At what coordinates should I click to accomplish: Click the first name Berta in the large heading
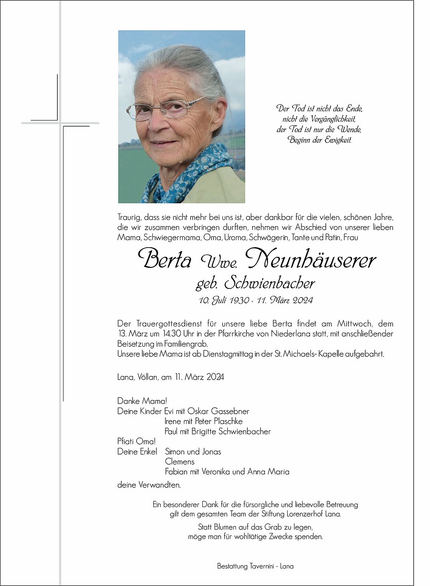pyautogui.click(x=165, y=259)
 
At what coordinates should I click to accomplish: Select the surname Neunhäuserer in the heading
pyautogui.click(x=310, y=259)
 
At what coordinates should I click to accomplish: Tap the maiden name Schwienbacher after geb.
pyautogui.click(x=269, y=284)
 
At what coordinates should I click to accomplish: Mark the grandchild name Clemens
pyautogui.click(x=180, y=462)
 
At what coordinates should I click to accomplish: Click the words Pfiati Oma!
pyautogui.click(x=136, y=441)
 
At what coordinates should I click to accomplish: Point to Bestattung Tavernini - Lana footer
pyautogui.click(x=255, y=566)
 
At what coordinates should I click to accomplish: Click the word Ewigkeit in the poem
pyautogui.click(x=338, y=140)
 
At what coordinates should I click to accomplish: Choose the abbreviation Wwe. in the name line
pyautogui.click(x=219, y=262)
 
